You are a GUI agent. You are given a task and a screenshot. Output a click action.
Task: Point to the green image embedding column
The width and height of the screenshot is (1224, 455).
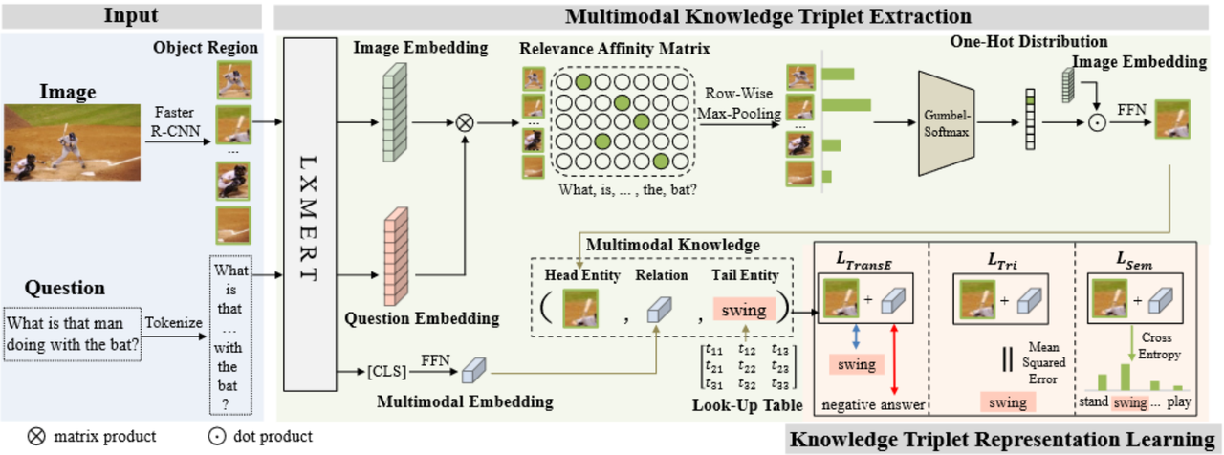(x=394, y=122)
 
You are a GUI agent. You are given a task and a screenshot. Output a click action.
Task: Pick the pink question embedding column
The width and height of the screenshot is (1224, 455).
(x=394, y=256)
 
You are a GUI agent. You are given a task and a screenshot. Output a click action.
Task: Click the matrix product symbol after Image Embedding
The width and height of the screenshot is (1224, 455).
(x=466, y=122)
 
